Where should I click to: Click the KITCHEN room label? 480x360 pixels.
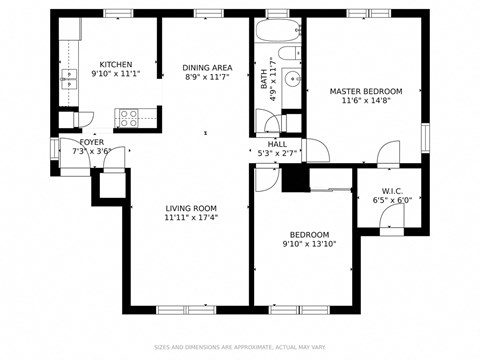[x=115, y=63]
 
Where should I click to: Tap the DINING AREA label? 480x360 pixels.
[x=208, y=68]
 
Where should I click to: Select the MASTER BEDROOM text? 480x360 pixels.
[x=365, y=91]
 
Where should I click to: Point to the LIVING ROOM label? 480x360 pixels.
[x=191, y=208]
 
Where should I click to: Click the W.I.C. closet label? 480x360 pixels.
[x=391, y=191]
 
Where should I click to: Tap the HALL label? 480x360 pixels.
[x=277, y=144]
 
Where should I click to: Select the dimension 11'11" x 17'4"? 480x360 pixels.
[x=191, y=217]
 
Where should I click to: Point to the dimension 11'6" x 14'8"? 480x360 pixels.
[x=365, y=100]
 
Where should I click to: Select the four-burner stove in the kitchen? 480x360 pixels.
[x=129, y=118]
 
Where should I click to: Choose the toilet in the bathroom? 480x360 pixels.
[x=288, y=53]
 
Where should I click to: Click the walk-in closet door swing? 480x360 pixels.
[x=391, y=225]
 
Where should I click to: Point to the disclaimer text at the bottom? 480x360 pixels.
[x=240, y=348]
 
